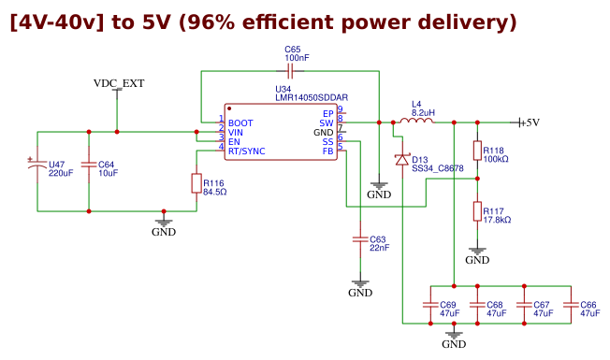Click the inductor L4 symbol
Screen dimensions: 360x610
pos(416,121)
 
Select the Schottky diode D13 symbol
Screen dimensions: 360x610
pos(402,160)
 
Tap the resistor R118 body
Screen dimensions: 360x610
pos(477,151)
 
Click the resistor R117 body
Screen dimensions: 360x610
pos(477,211)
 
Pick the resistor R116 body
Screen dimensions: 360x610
pos(196,184)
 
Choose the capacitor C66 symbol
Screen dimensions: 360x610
pos(570,305)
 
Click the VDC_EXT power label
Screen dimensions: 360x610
pos(119,83)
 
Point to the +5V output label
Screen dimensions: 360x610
pos(529,122)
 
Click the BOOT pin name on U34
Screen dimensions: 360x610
pos(240,122)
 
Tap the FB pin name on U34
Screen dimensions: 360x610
pos(327,151)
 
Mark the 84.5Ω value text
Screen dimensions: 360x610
pos(215,192)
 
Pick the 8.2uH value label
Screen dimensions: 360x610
pos(423,111)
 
